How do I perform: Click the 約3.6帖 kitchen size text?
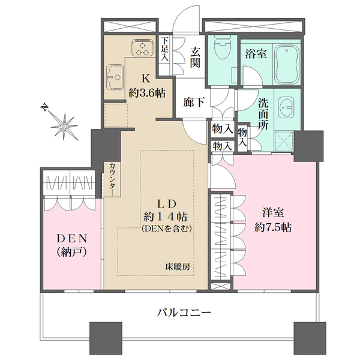click(x=146, y=93)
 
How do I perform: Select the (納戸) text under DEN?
click(x=70, y=253)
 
